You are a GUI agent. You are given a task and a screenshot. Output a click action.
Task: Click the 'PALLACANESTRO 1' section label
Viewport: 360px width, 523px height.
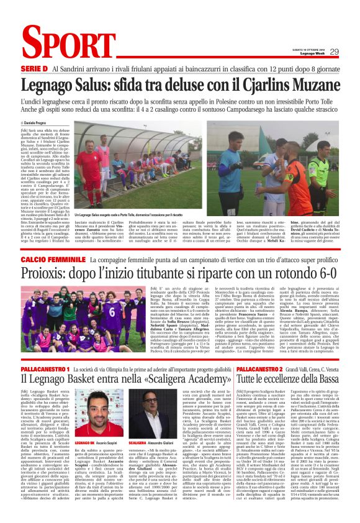click(x=44, y=370)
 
